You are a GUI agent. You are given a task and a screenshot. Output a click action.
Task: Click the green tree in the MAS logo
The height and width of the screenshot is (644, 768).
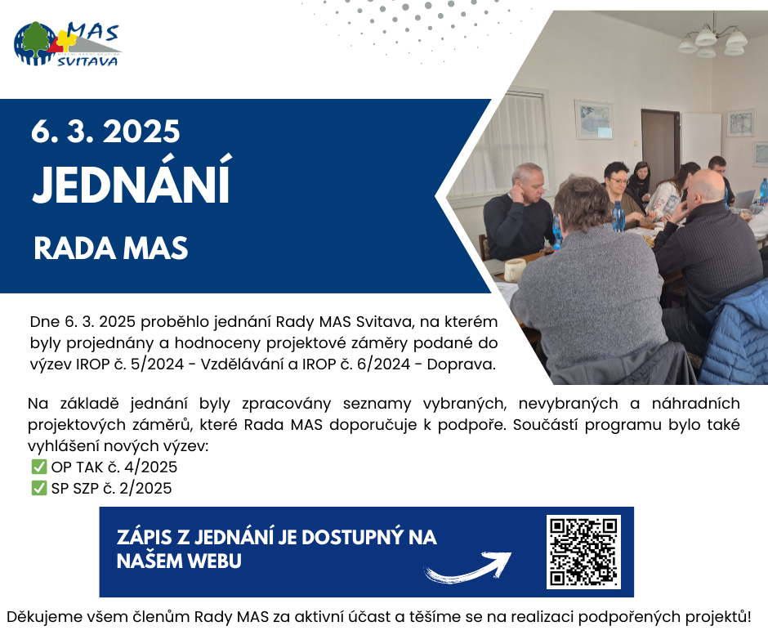click(x=36, y=40)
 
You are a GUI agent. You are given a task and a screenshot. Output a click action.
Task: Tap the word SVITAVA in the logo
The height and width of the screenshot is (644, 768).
click(x=87, y=61)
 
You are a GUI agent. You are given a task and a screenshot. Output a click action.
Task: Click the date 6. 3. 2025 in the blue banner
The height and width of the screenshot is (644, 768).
click(x=105, y=132)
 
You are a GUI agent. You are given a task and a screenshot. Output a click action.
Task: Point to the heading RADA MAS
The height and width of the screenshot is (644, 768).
click(x=110, y=248)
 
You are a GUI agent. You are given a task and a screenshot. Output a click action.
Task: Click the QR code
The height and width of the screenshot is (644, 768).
click(x=583, y=552)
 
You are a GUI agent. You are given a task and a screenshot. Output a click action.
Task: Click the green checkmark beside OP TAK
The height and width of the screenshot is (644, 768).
click(x=38, y=467)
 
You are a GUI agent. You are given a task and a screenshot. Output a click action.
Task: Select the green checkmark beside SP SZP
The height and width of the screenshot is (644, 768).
click(x=38, y=488)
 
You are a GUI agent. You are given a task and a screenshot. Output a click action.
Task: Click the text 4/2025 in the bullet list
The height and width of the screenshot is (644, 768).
click(x=150, y=467)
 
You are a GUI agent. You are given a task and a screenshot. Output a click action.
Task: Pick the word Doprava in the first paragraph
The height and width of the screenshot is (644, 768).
click(x=460, y=364)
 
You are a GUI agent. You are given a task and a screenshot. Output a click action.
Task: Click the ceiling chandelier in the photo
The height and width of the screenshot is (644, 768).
click(x=712, y=41)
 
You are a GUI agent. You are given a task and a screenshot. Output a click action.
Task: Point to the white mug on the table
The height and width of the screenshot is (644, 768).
click(x=514, y=270)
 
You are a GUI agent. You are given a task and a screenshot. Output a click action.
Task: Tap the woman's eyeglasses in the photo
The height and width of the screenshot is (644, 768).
click(x=619, y=181)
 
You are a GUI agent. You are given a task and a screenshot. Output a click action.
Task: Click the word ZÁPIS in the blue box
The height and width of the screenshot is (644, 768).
click(x=145, y=537)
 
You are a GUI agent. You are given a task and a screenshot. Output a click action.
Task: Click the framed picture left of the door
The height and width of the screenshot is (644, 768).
click(x=594, y=119)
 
